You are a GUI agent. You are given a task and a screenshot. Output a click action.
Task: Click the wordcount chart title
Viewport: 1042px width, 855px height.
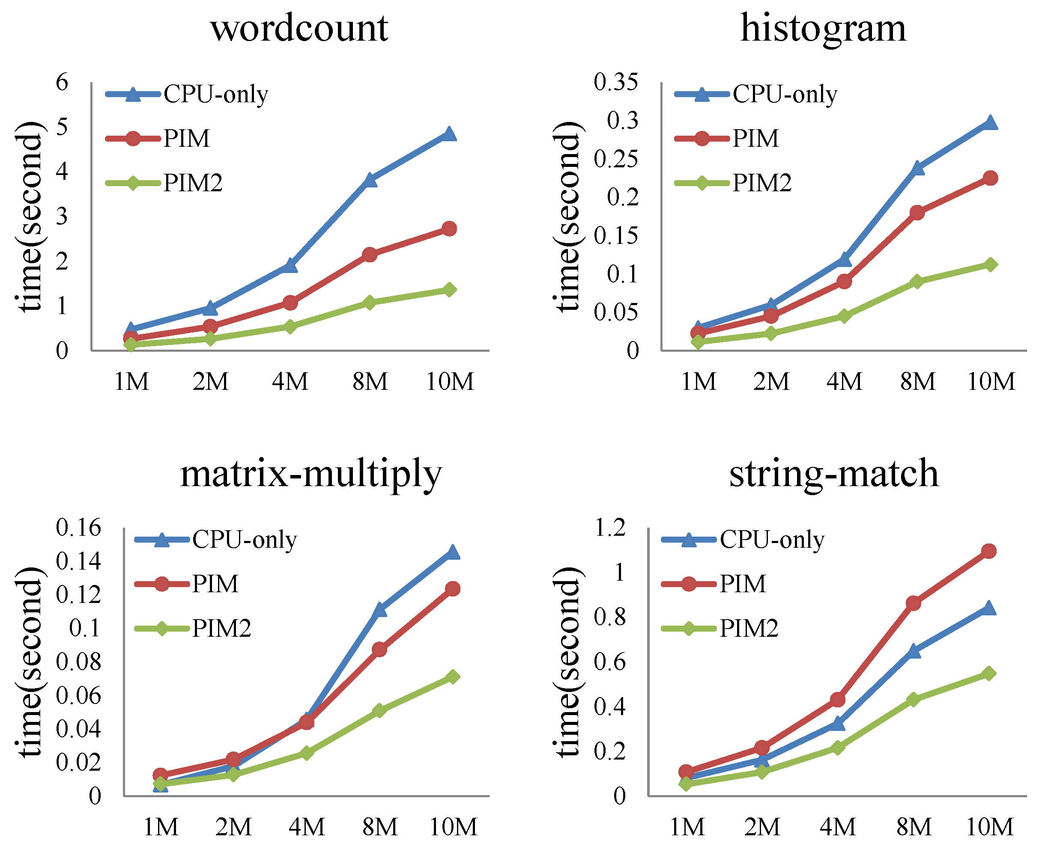[x=299, y=28]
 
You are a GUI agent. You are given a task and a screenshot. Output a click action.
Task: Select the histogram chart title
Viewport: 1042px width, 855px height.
[x=823, y=28]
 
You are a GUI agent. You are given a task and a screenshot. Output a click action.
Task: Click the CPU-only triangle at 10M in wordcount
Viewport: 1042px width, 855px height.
[x=449, y=134]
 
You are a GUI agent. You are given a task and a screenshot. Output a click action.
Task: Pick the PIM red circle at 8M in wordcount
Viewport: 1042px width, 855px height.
[x=370, y=255]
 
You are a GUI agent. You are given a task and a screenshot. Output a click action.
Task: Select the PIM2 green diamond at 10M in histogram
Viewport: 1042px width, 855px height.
[x=990, y=264]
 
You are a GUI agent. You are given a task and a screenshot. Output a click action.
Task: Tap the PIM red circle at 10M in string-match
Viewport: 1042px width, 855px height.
[x=989, y=551]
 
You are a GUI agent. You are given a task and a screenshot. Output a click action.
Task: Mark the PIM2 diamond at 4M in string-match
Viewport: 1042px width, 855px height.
[x=837, y=748]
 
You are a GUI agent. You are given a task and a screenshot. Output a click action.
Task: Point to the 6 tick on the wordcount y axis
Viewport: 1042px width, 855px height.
[x=62, y=82]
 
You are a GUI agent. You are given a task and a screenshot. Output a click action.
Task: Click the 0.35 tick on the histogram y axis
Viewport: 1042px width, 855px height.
[x=615, y=82]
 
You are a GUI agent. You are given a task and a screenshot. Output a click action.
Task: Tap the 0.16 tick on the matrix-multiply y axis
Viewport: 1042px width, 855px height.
[x=78, y=528]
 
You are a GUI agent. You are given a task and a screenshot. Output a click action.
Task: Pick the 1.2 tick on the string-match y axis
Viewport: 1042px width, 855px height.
[x=610, y=528]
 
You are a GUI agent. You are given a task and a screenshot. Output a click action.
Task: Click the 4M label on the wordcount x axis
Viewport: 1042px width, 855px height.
[x=290, y=382]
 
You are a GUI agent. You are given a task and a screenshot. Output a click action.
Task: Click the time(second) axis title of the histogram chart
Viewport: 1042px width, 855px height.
[x=568, y=217]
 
